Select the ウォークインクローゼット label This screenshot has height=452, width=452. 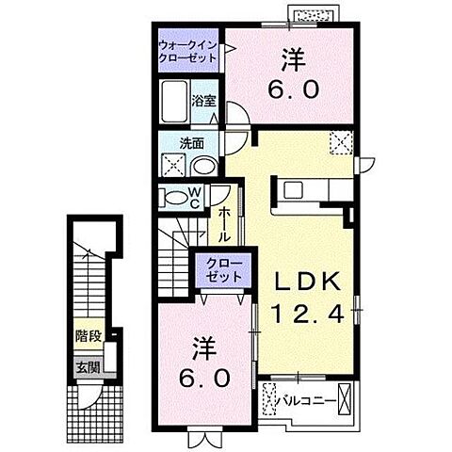[187, 51]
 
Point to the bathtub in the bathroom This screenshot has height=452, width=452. [176, 99]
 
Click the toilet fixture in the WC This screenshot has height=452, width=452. [173, 198]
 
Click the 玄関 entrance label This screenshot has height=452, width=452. [88, 367]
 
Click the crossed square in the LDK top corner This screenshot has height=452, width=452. [342, 142]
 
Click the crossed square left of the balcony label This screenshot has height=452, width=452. [271, 400]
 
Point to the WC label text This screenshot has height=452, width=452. [195, 198]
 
